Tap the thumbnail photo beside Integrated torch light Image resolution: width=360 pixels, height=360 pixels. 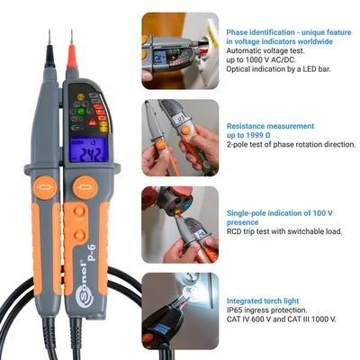pyautogui.click(x=180, y=310)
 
